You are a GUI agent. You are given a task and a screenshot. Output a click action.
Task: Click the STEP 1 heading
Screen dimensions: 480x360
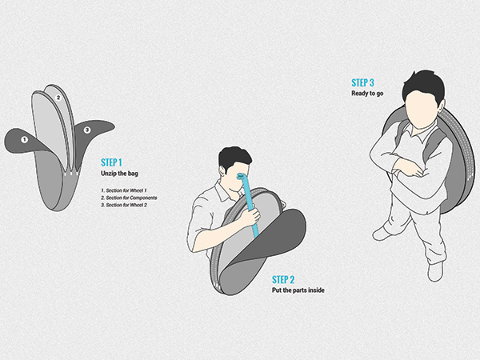coord(111,162)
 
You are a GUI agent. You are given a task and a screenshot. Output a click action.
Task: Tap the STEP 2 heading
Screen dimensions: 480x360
coord(283,279)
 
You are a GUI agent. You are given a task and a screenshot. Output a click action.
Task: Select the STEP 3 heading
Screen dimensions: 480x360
coord(362,82)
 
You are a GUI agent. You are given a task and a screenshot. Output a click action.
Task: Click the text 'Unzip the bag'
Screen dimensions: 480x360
coord(119,174)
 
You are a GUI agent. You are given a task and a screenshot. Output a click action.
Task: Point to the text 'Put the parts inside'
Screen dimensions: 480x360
coord(298,290)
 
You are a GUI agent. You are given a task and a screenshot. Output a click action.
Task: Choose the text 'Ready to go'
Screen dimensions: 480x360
coord(367,94)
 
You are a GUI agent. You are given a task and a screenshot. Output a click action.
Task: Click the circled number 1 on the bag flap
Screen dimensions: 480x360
coord(24,140)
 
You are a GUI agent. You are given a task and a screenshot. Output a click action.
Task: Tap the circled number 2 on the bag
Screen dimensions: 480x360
coord(58,98)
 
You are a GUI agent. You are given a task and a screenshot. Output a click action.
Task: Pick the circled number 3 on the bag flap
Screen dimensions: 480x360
coord(87,130)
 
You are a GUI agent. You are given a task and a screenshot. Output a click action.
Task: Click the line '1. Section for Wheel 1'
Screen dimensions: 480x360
coord(124,190)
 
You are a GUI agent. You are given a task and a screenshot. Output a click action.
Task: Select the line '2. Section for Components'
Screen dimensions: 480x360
coord(129,198)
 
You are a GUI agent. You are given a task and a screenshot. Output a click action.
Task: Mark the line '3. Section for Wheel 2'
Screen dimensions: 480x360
coord(124,205)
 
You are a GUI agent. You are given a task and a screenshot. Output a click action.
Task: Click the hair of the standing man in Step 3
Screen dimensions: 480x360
coord(424,84)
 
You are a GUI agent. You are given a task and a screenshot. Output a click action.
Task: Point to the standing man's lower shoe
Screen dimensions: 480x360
coord(436,271)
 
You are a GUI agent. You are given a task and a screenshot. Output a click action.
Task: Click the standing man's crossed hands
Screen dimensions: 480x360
coord(409,169)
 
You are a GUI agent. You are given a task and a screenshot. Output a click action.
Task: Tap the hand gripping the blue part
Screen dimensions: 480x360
coord(250,217)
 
